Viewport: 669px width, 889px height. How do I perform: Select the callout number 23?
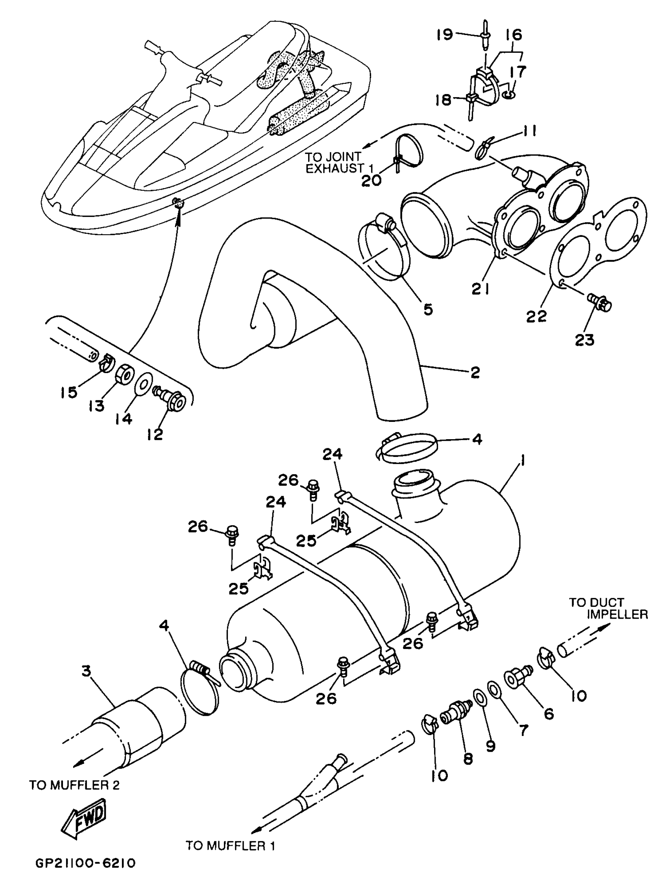pyautogui.click(x=585, y=340)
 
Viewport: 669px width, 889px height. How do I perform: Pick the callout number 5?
pyautogui.click(x=429, y=309)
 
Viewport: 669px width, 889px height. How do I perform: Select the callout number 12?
pyautogui.click(x=155, y=434)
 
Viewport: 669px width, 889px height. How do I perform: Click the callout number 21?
pyautogui.click(x=480, y=288)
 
